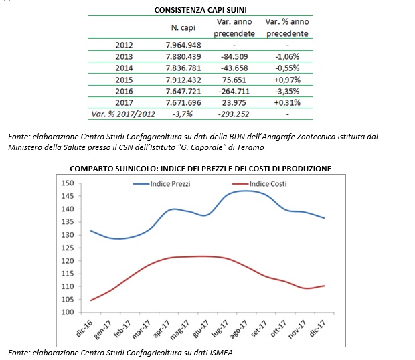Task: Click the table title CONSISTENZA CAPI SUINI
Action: (x=200, y=10)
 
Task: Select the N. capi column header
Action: (x=183, y=27)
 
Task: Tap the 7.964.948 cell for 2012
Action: (x=183, y=45)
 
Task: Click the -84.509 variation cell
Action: (x=234, y=56)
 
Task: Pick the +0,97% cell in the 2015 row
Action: (x=287, y=80)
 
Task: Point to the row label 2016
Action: (x=124, y=91)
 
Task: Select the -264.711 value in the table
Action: (x=234, y=91)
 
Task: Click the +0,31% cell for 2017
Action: (x=287, y=102)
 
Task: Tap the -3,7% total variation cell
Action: (x=182, y=114)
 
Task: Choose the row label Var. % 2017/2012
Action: (x=123, y=114)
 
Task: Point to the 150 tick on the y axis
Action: (x=68, y=183)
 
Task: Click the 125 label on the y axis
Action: (x=68, y=248)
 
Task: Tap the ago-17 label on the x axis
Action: (x=239, y=329)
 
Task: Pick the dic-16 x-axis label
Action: (x=84, y=328)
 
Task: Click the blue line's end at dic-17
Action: (x=324, y=218)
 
